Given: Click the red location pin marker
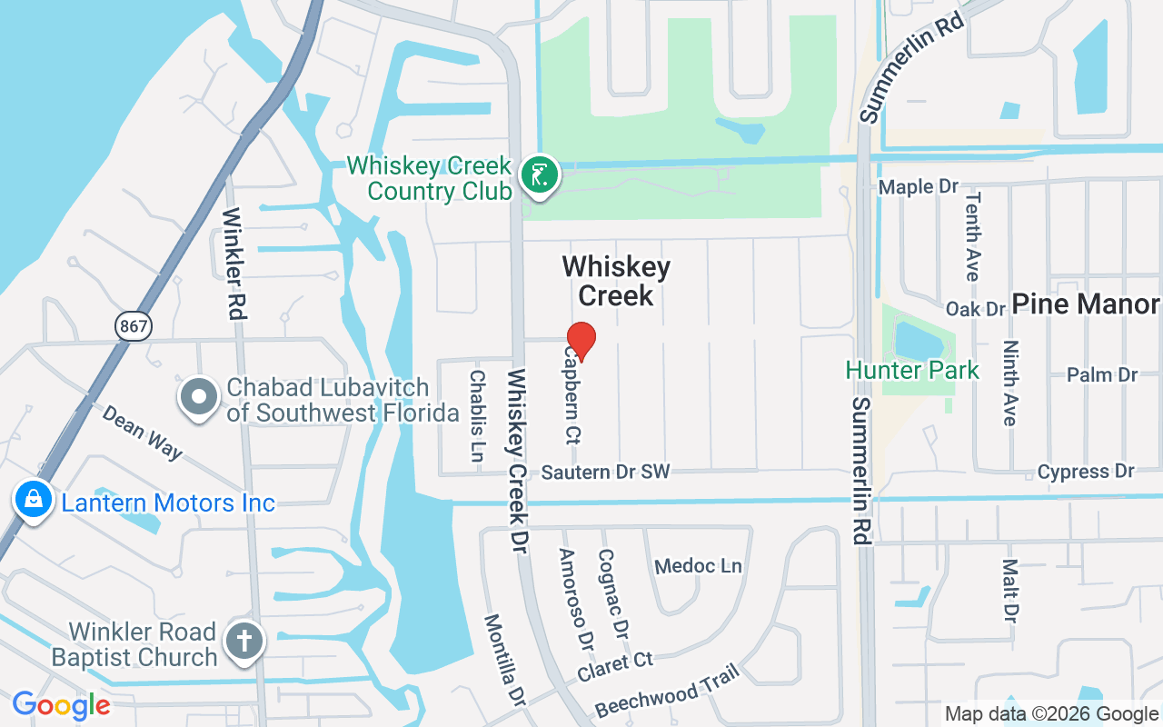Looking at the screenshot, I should pyautogui.click(x=581, y=341).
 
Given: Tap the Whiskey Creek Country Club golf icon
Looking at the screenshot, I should pyautogui.click(x=539, y=174).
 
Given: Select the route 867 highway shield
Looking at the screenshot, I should pyautogui.click(x=133, y=325).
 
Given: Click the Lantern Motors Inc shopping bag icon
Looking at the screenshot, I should pyautogui.click(x=33, y=501).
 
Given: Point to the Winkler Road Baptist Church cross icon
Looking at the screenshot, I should pyautogui.click(x=244, y=642).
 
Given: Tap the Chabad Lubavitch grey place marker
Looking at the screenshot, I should pyautogui.click(x=198, y=397).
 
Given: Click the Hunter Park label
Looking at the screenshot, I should pyautogui.click(x=912, y=370).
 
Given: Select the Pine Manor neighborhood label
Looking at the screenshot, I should pyautogui.click(x=1086, y=304).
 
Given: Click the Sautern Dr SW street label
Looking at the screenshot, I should pyautogui.click(x=605, y=472).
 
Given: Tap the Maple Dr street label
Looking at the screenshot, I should pyautogui.click(x=919, y=186).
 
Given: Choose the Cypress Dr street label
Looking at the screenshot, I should pyautogui.click(x=1086, y=472).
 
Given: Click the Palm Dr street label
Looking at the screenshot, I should pyautogui.click(x=1102, y=374).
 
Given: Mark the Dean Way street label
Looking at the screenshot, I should pyautogui.click(x=142, y=432).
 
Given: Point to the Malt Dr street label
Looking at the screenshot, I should pyautogui.click(x=1009, y=590).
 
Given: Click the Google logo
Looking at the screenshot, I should pyautogui.click(x=61, y=705).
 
